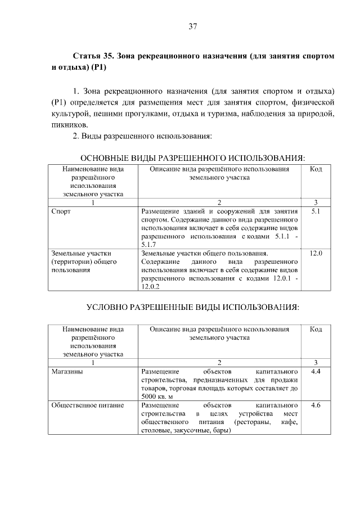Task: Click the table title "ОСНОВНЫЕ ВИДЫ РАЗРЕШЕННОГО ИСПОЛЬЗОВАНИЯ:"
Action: click(196, 157)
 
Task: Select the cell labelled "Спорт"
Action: click(61, 212)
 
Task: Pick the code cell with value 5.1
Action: click(316, 212)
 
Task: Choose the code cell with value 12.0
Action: click(316, 254)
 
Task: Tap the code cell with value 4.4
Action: click(316, 372)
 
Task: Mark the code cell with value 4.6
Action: click(316, 406)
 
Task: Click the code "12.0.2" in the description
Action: click(151, 287)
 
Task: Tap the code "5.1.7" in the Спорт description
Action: click(148, 245)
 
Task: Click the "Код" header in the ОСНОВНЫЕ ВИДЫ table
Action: click(316, 169)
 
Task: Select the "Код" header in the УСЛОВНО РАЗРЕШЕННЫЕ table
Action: click(316, 329)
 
